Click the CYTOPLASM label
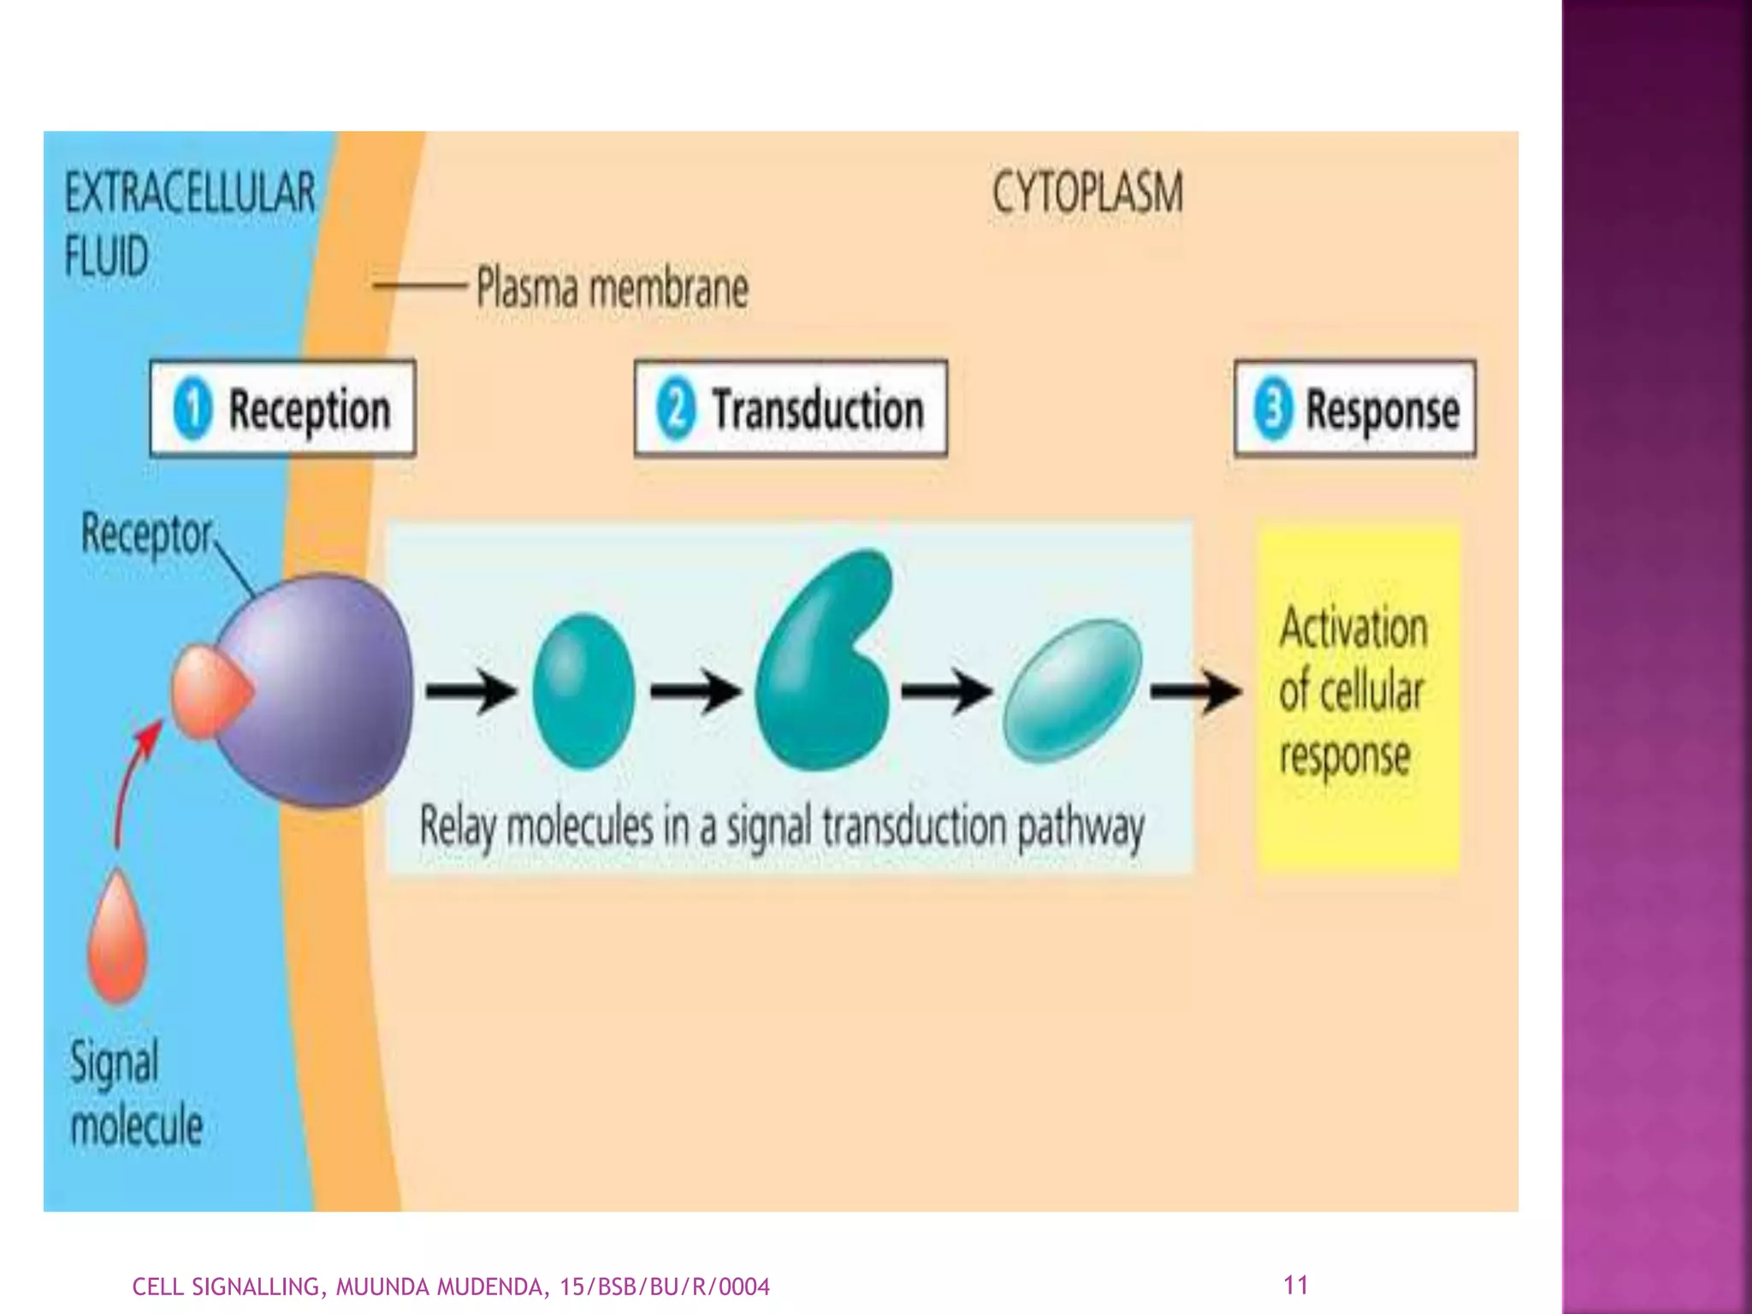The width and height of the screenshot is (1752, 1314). [x=1087, y=192]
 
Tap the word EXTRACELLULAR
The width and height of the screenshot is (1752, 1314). [x=190, y=192]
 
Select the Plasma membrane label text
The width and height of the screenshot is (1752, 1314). [x=612, y=287]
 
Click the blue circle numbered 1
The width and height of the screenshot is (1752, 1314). [x=192, y=409]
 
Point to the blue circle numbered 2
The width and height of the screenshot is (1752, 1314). [x=676, y=409]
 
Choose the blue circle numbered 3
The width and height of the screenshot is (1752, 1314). [x=1273, y=409]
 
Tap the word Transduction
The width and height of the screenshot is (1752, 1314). [x=818, y=409]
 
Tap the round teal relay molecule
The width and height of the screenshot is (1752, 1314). [x=583, y=690]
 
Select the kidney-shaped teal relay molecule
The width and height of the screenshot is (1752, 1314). [x=821, y=667]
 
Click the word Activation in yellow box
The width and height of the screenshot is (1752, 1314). [x=1353, y=628]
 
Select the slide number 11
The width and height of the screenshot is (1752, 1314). [x=1295, y=1284]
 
